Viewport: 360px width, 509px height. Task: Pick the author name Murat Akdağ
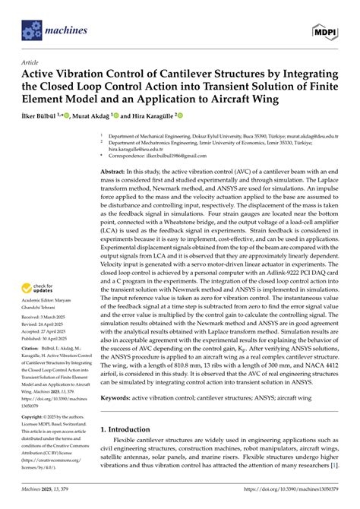[x=109, y=118]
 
